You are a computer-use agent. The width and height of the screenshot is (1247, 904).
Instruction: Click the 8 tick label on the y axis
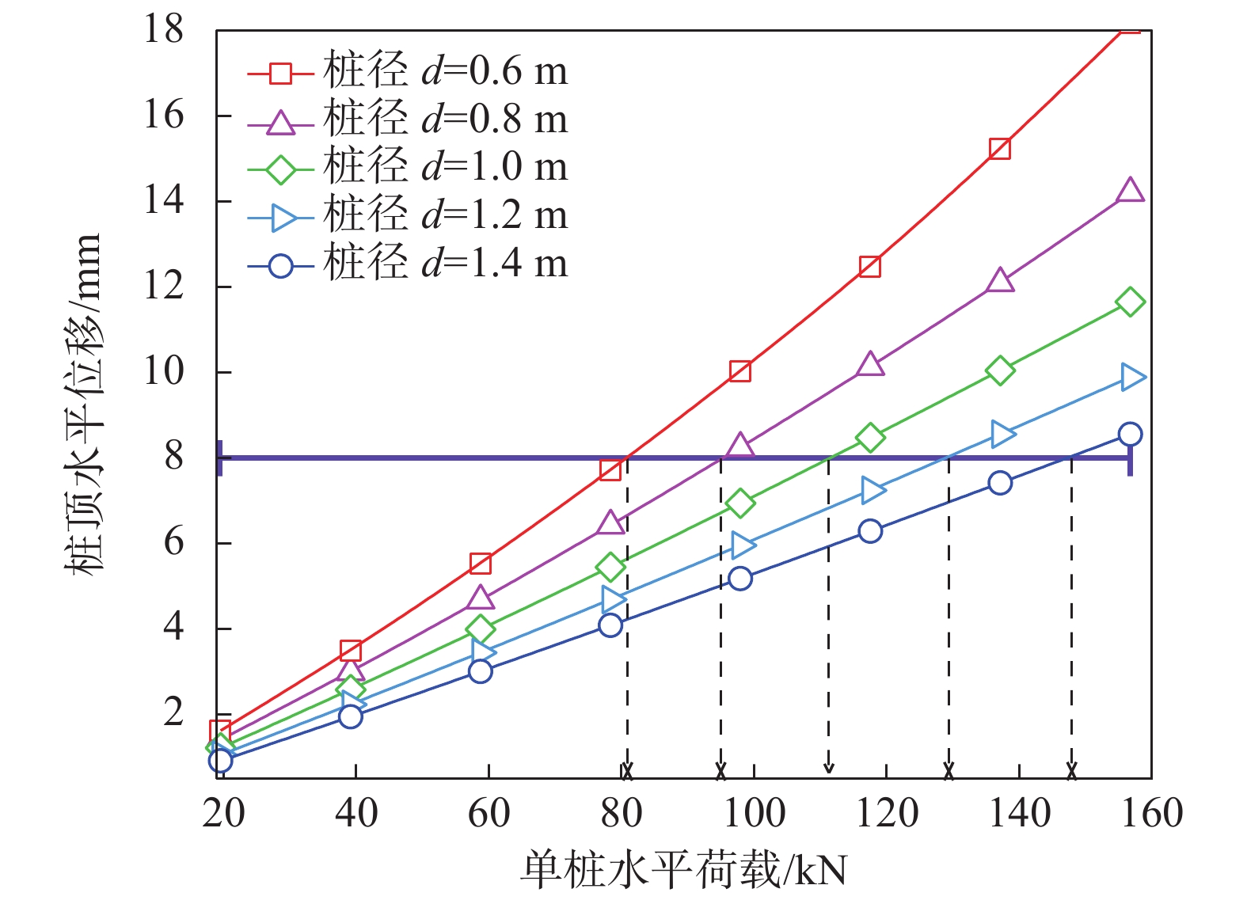[173, 457]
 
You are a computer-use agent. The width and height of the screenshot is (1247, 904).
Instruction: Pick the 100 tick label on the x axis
[753, 813]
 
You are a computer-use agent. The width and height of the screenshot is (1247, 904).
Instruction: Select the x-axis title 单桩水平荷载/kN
[683, 869]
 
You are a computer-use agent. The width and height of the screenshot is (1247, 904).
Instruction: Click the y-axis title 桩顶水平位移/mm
[84, 404]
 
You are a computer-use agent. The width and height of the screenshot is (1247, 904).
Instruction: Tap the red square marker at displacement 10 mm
[740, 371]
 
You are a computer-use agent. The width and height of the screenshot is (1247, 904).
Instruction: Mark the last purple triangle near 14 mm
[1130, 191]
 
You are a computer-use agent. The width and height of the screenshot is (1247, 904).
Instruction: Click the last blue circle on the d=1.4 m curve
[1130, 434]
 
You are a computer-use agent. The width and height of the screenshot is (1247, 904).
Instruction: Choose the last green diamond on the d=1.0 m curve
[1130, 302]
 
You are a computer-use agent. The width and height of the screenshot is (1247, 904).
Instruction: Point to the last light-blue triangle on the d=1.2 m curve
[1132, 377]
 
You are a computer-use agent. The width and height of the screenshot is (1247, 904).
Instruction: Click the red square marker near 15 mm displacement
[1000, 149]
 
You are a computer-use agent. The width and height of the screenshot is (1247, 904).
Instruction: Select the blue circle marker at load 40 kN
[350, 716]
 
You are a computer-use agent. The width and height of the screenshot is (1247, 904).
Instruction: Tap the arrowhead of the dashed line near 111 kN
[829, 767]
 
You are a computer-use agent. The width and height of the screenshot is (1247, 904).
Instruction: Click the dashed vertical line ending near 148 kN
[1071, 617]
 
